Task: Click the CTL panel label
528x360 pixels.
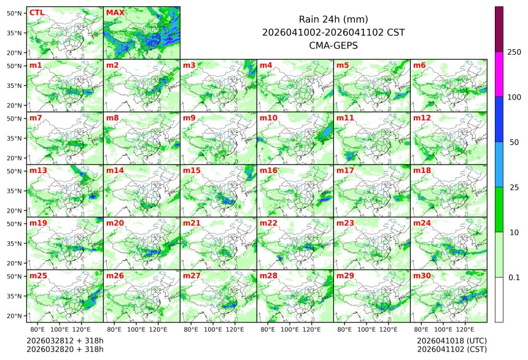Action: coord(37,12)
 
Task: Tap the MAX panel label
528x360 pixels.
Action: coord(114,12)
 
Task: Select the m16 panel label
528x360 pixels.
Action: coord(268,170)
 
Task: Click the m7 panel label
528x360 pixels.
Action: coord(36,117)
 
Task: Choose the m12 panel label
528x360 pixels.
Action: coord(422,117)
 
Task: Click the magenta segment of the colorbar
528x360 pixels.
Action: coord(499,74)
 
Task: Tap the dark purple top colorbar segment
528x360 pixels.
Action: coord(499,29)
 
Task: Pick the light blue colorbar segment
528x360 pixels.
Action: coord(499,164)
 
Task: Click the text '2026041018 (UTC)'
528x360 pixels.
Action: coord(452,340)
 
